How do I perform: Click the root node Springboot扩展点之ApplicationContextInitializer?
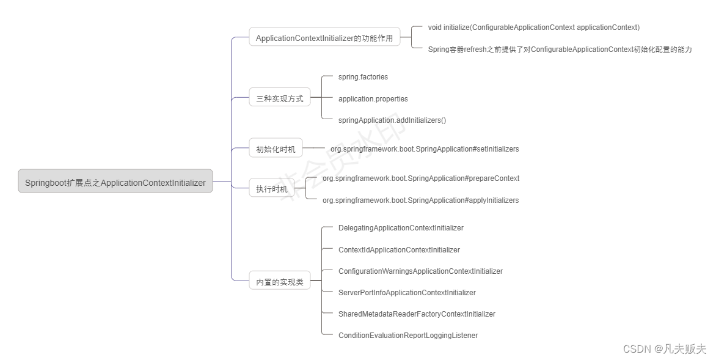(115, 182)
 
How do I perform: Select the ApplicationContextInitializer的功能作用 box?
(324, 37)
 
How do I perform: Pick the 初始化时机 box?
(276, 148)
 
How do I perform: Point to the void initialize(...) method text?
(533, 27)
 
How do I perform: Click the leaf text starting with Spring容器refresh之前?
(560, 49)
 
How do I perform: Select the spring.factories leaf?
(363, 77)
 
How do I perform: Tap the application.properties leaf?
(373, 98)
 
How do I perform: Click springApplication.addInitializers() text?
(392, 120)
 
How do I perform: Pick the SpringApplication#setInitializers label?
(425, 149)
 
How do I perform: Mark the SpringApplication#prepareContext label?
(421, 178)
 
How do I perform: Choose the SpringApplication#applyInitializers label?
(420, 200)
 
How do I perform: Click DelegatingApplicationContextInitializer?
(401, 227)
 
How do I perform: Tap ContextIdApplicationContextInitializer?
(399, 249)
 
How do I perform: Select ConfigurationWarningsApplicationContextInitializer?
(420, 271)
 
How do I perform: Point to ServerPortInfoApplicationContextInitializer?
(407, 292)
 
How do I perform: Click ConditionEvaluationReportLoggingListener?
(407, 335)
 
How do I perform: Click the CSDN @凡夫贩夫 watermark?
(664, 348)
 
